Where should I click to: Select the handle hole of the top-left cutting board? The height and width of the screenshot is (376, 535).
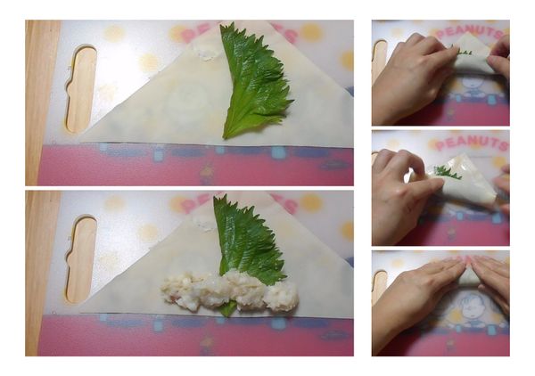(x=81, y=88)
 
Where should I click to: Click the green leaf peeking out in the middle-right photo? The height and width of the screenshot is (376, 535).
(x=448, y=172)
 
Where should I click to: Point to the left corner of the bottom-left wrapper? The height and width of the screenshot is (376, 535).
(x=83, y=307)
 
